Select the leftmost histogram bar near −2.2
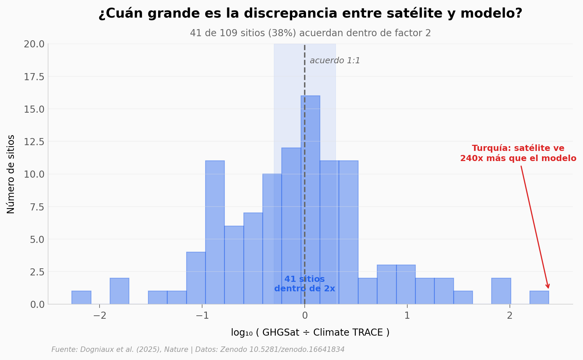tap(81, 298)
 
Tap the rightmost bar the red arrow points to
tap(539, 298)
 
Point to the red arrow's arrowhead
tap(548, 287)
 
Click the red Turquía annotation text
tap(518, 153)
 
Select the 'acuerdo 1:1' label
tap(334, 61)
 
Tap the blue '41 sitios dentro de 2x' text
tap(304, 284)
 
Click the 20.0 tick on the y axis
tap(34, 44)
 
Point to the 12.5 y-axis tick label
tap(34, 142)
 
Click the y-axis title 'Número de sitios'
tap(11, 174)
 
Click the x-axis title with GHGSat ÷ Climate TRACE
tap(310, 333)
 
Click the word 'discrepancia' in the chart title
tap(290, 14)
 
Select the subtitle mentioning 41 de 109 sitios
tap(310, 33)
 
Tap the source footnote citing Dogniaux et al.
tap(198, 350)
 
